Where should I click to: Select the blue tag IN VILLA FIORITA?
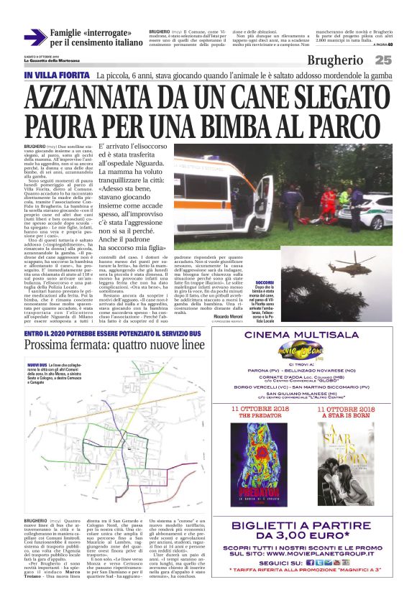[58, 75]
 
